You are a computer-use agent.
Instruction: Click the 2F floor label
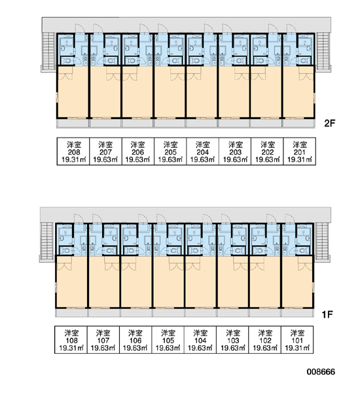pos(329,123)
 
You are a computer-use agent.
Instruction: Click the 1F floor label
pos(327,314)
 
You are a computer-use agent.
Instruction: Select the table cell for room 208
pos(73,151)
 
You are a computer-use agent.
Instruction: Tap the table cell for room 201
pos(300,151)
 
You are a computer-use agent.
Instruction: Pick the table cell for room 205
pos(170,151)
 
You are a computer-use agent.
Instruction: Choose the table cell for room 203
pos(235,151)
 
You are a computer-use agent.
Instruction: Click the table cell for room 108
pos(71,340)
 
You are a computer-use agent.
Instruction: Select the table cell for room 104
pos(200,340)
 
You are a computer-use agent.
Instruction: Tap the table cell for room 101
pos(297,340)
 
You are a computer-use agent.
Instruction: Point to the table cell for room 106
pos(135,340)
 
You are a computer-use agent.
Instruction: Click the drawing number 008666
pos(321,371)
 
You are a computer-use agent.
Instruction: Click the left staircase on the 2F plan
pos(48,51)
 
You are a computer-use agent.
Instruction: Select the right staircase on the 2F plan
pos(323,51)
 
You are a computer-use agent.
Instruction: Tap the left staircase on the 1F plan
pos(47,241)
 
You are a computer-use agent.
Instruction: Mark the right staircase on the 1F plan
pos(321,241)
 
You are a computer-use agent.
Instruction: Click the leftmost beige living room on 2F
pos(73,92)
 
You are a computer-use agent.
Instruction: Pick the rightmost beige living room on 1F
pos(297,282)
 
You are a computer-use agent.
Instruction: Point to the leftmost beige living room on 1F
pos(71,282)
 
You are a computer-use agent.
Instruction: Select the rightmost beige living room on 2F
pos(298,92)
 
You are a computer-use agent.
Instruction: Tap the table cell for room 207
pos(106,151)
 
